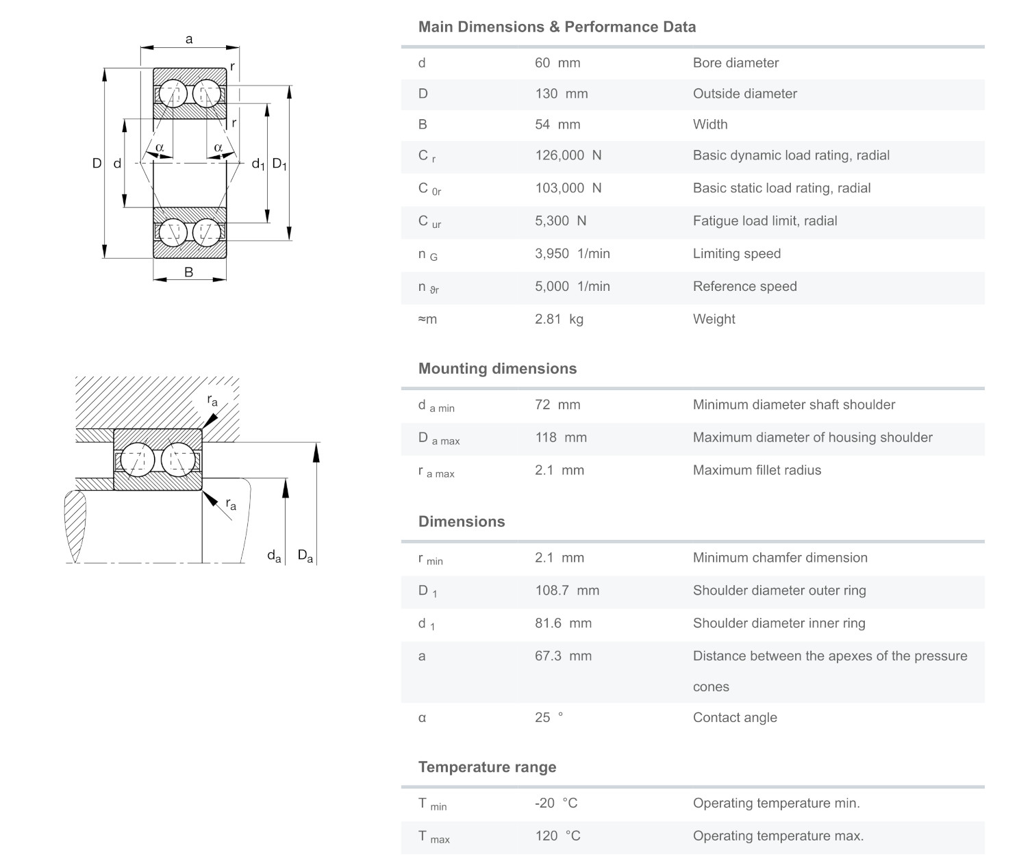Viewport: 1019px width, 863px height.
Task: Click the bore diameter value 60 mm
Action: click(x=557, y=63)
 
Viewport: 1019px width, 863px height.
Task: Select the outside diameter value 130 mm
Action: click(x=561, y=94)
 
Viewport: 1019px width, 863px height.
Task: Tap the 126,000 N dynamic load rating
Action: click(x=568, y=155)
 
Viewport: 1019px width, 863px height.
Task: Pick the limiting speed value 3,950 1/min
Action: click(x=572, y=254)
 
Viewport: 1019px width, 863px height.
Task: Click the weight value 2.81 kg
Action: click(x=559, y=319)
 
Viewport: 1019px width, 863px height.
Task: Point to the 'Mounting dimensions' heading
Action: click(x=497, y=369)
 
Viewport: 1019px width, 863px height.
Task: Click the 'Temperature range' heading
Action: click(x=487, y=767)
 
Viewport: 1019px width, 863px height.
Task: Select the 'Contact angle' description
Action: click(x=735, y=718)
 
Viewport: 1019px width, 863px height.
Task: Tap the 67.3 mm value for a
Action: click(x=562, y=656)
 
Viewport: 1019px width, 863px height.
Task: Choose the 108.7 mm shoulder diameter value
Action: click(x=566, y=591)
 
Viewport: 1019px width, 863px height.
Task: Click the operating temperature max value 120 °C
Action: click(x=557, y=836)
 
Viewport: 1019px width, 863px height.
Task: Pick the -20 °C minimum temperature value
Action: click(x=556, y=803)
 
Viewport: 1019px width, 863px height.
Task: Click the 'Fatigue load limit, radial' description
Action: click(x=764, y=221)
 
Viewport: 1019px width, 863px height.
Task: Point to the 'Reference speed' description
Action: click(x=744, y=287)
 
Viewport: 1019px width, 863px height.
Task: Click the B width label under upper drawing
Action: click(x=189, y=272)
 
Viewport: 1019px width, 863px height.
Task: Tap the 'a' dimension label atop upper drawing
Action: click(x=189, y=40)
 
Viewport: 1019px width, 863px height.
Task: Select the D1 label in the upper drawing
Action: click(x=279, y=164)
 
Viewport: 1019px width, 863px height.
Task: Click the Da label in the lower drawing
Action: click(x=305, y=556)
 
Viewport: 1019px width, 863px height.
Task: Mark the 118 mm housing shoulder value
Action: click(x=560, y=438)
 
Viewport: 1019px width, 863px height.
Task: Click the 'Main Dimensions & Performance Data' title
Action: click(x=557, y=27)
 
